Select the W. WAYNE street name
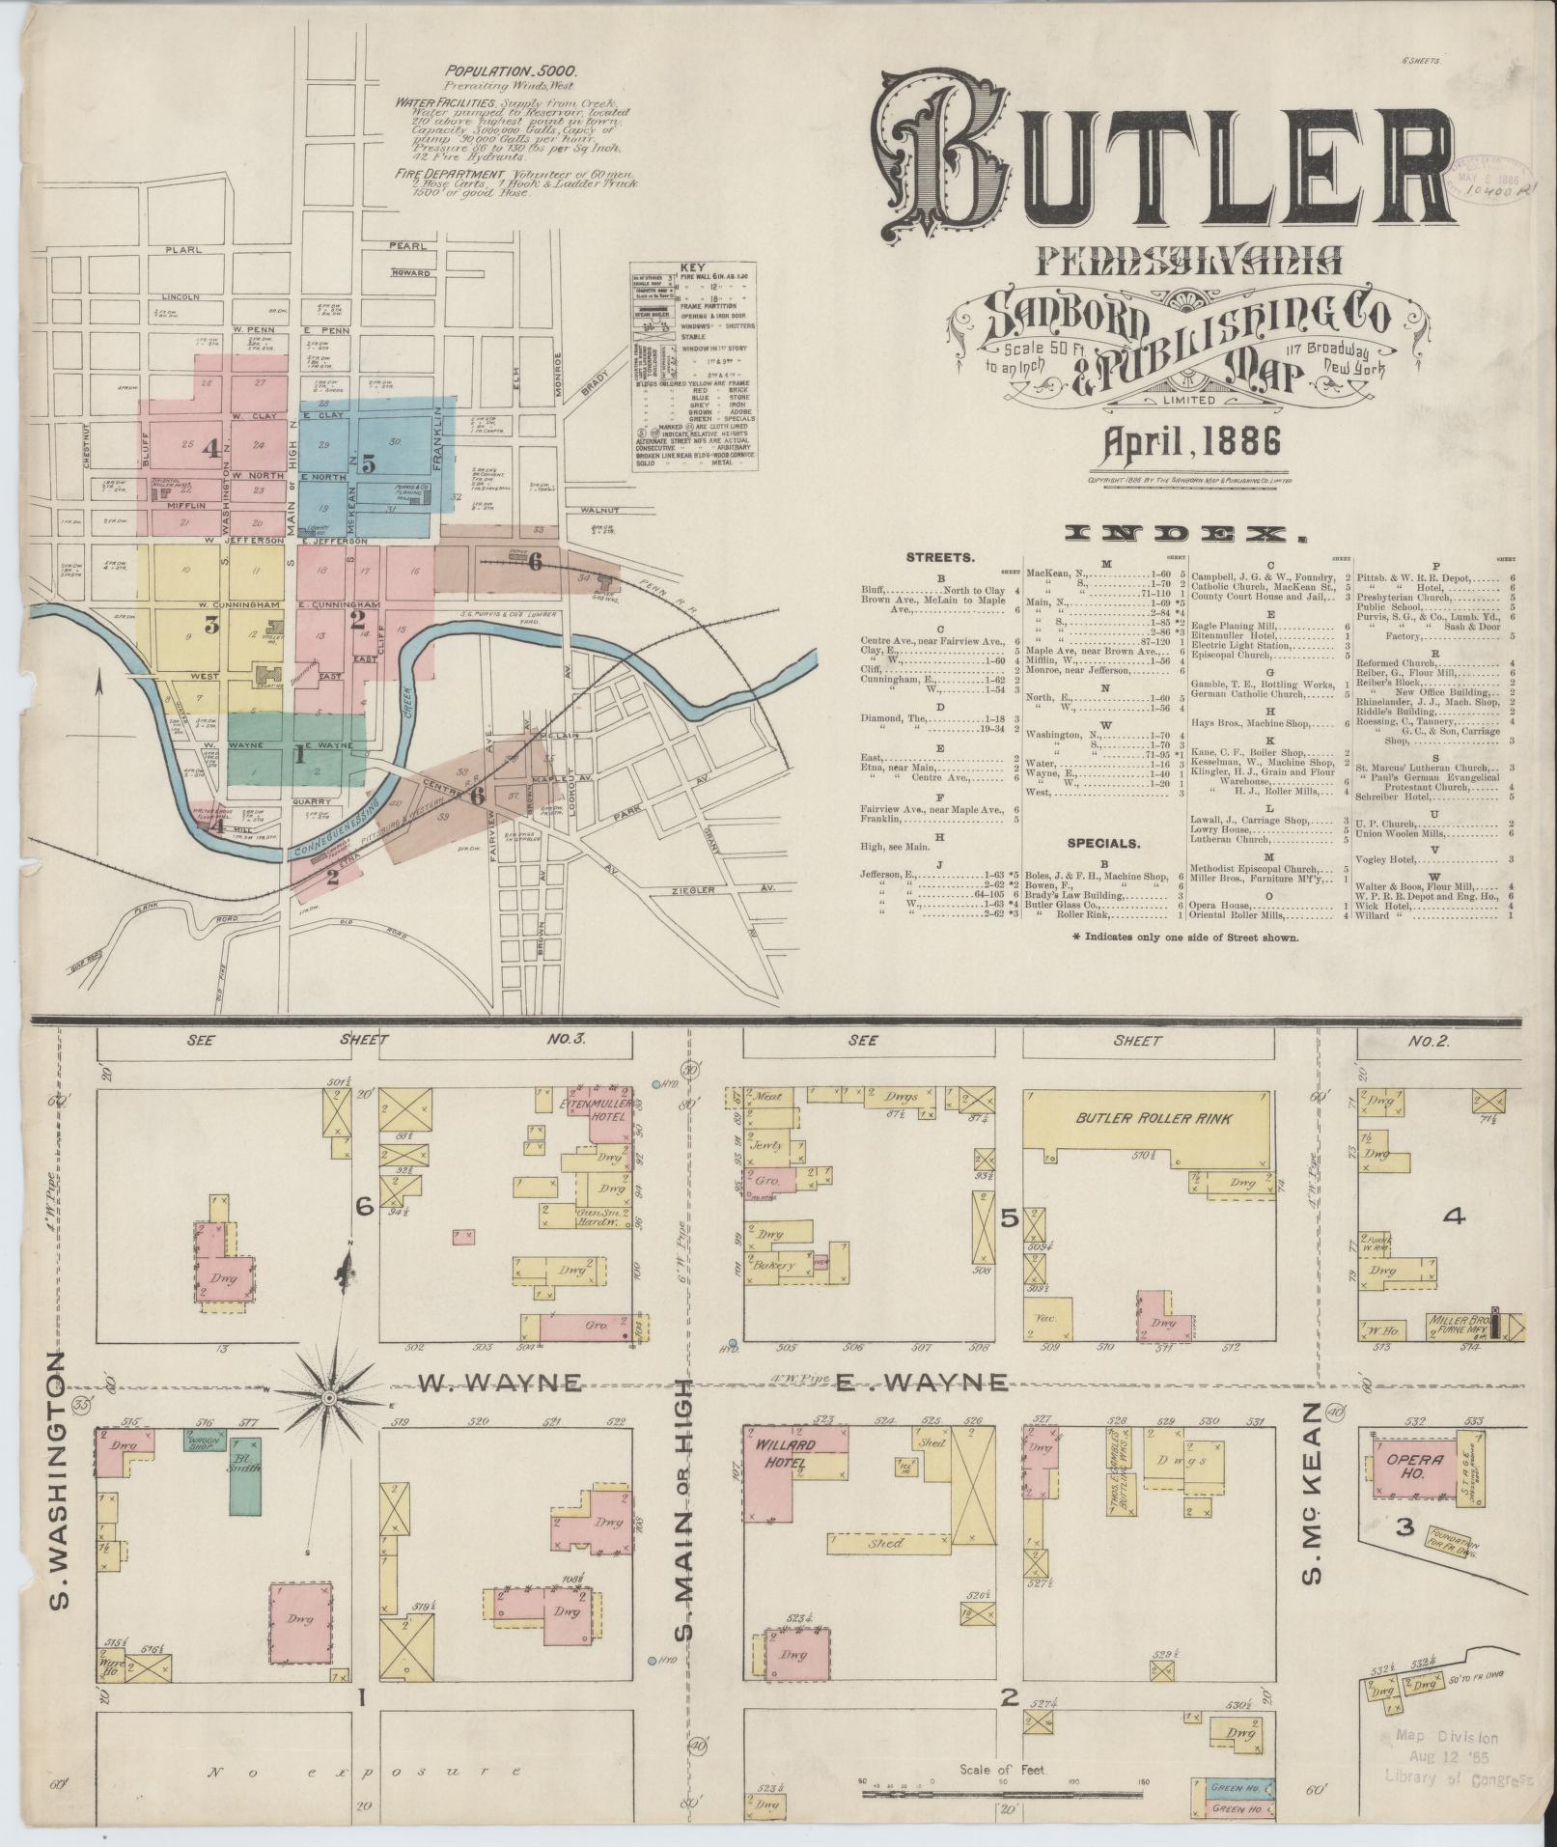499,1385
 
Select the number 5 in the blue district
369,462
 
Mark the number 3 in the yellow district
211,625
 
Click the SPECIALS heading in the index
1102,843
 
